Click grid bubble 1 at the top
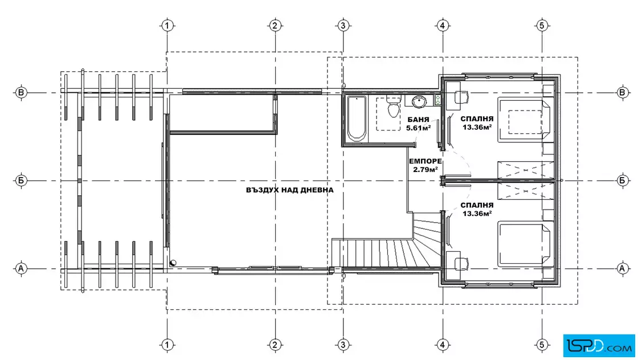click(x=167, y=26)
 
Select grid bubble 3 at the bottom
click(x=343, y=345)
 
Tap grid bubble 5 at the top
click(x=542, y=26)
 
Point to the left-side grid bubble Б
click(x=21, y=180)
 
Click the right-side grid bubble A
click(x=621, y=268)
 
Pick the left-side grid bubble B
click(x=21, y=93)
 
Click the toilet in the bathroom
click(x=393, y=107)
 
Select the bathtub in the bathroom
click(x=357, y=118)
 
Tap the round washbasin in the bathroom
click(x=419, y=101)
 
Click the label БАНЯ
click(x=418, y=120)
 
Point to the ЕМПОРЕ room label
click(x=425, y=162)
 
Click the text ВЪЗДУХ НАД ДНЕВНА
click(x=290, y=190)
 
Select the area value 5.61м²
click(x=418, y=128)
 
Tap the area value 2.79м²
click(x=425, y=169)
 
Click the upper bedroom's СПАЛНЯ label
click(x=477, y=119)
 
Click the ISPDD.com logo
click(x=599, y=346)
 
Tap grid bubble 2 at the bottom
click(x=275, y=345)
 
